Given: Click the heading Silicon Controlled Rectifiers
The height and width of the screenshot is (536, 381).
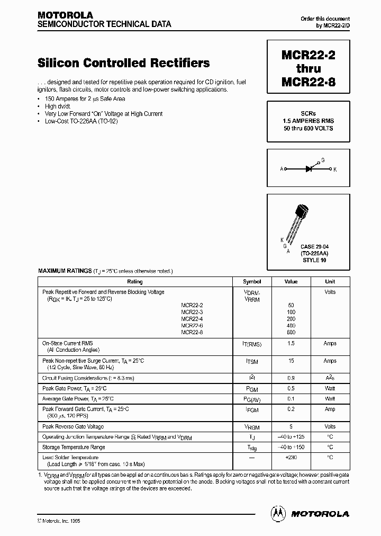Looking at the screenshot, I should tap(124, 63).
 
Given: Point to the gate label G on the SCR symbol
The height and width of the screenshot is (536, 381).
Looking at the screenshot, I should tap(323, 159).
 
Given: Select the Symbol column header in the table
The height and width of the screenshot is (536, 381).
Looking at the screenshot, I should tap(252, 282).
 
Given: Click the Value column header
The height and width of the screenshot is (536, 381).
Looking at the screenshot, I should tap(291, 282).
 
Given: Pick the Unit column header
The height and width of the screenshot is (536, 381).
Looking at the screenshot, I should tap(330, 282).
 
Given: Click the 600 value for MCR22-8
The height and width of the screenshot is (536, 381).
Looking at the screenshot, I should tap(291, 332).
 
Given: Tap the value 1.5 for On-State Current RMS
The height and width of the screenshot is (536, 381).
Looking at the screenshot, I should tap(291, 344).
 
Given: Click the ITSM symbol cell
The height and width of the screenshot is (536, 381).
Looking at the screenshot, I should tap(252, 361).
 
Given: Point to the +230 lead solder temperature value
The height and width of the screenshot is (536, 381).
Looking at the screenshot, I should tap(291, 457).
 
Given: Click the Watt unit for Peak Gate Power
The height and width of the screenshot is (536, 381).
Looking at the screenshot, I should tap(330, 388).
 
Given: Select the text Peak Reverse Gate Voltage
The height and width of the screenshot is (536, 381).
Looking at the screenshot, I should tap(73, 426).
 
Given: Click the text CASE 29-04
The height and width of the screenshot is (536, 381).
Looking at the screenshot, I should tap(314, 247).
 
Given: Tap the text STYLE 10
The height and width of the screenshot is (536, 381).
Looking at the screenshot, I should tap(314, 260).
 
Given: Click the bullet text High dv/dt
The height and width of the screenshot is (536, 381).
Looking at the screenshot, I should tap(58, 106).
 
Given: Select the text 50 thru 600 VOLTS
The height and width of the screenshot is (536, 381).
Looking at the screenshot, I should tap(308, 129).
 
